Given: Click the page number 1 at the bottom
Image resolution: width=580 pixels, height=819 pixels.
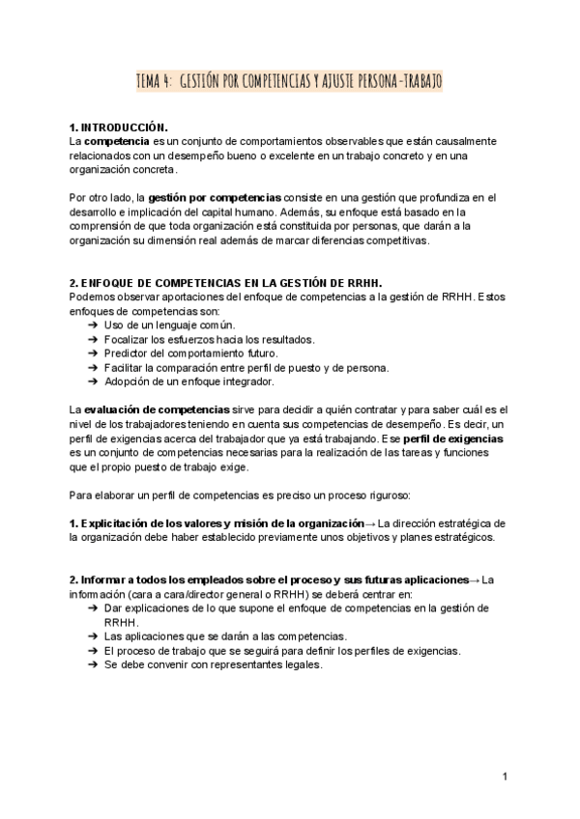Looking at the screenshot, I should point(505,776).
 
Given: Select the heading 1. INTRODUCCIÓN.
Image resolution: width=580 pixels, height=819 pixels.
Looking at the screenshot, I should point(119,127).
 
